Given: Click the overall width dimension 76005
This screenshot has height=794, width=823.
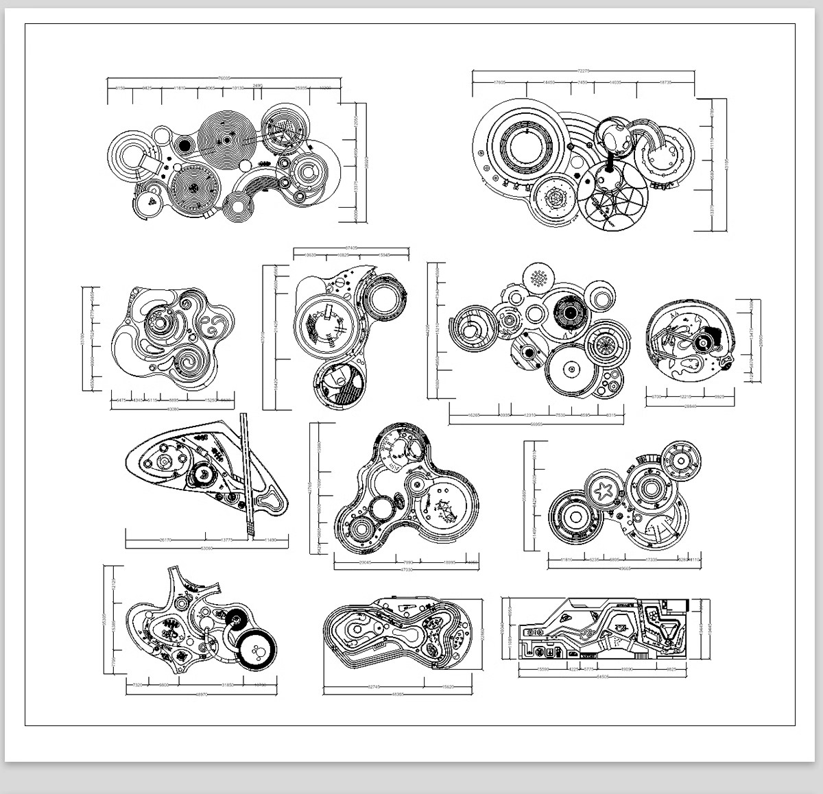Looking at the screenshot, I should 224,78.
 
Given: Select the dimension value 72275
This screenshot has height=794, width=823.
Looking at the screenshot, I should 584,70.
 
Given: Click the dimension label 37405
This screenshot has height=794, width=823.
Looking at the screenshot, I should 352,248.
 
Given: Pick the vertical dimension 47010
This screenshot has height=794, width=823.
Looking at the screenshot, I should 264,337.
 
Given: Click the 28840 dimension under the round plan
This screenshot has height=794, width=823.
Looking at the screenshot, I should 689,407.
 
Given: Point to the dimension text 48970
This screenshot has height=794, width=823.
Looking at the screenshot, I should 202,695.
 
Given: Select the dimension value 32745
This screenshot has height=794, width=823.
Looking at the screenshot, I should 374,686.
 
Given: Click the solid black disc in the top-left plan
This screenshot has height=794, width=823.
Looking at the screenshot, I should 183,145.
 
